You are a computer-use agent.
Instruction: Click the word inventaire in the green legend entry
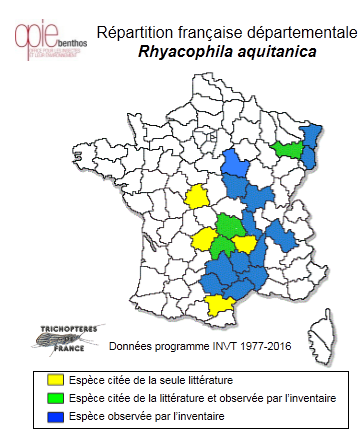pyautogui.click(x=307, y=397)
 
